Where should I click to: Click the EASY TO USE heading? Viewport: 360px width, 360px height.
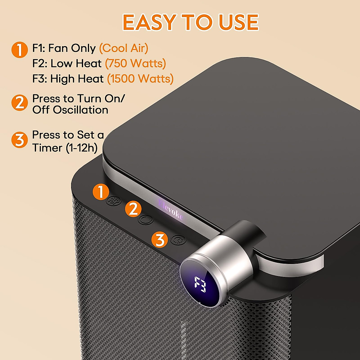click(x=190, y=22)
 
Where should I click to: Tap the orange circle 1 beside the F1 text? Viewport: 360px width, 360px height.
click(x=19, y=49)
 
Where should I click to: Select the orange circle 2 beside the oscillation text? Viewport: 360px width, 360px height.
click(x=19, y=103)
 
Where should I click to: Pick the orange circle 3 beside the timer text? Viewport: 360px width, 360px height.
click(x=19, y=139)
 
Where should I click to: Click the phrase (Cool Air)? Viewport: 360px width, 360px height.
click(x=124, y=48)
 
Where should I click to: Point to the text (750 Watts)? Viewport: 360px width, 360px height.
click(x=135, y=64)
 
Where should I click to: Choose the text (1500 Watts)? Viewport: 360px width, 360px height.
click(x=140, y=79)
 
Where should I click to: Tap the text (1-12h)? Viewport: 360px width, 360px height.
click(x=82, y=148)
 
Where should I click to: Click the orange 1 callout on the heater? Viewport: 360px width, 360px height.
click(x=100, y=192)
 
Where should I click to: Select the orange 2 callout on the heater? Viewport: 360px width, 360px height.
click(x=133, y=209)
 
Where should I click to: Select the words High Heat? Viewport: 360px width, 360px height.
click(x=77, y=79)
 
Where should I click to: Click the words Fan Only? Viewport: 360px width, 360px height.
click(x=72, y=48)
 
